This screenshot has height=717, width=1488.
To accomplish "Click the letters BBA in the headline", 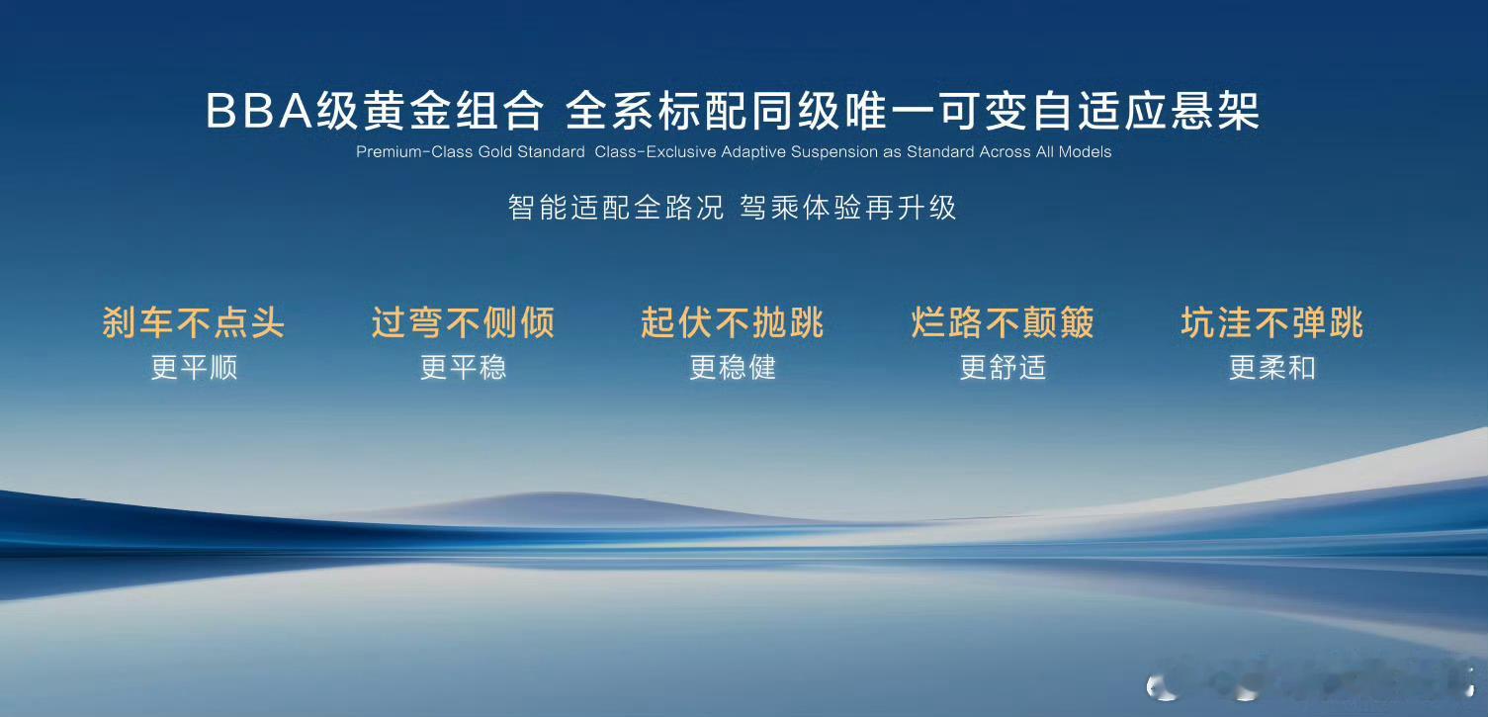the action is coord(260,111).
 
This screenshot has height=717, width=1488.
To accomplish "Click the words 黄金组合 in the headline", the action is coord(430,111).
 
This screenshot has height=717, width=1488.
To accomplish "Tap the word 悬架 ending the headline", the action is coord(1215,111).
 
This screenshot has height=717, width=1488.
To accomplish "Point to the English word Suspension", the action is coord(833,152).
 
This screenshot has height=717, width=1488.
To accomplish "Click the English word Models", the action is coord(1085,152).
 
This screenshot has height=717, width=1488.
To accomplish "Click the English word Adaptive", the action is coord(753,152).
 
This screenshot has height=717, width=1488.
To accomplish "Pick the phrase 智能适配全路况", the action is coord(616,208).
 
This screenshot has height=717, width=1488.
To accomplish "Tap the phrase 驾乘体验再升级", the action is coord(847,208).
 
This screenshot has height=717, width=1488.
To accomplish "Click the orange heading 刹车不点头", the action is coord(194,323).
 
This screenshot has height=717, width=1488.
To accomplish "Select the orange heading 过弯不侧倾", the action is coord(463,323).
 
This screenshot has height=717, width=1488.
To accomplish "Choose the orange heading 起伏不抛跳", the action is coord(732,323).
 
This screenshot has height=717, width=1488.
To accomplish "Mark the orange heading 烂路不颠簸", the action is coord(1003,323).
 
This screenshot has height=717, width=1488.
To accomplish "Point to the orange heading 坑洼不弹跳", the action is coord(1272,323).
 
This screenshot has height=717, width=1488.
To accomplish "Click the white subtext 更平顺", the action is coord(194,368).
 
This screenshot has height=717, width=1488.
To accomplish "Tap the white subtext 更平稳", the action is coord(463,368).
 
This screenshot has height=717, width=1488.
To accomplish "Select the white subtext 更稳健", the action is coord(733,368).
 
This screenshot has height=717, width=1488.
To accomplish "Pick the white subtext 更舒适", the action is coord(1004,368).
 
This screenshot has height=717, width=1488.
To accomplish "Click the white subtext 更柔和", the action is coord(1272,368).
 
